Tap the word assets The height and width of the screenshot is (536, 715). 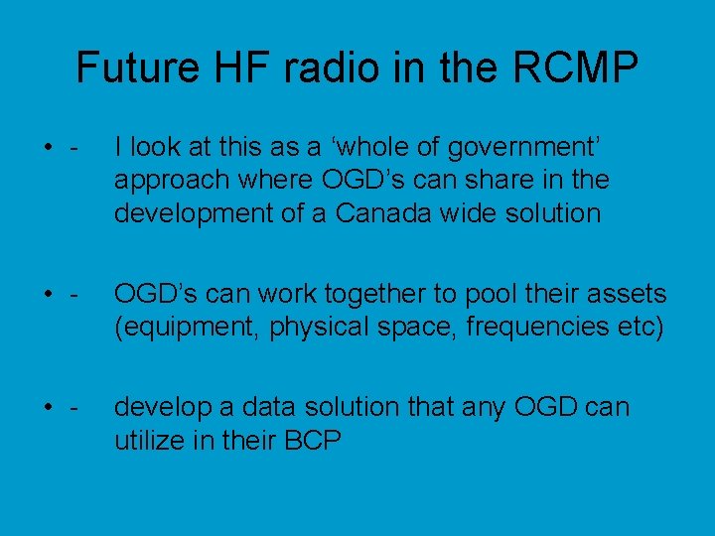coord(627,294)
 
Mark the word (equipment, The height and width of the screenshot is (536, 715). coord(183,326)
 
